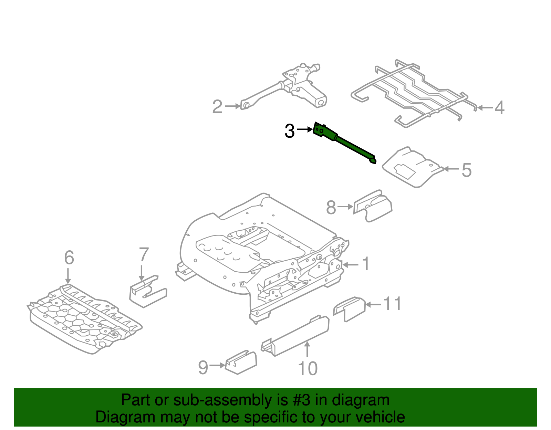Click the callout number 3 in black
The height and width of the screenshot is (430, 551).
[290, 131]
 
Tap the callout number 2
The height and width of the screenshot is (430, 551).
[217, 107]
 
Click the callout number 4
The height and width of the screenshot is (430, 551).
[499, 108]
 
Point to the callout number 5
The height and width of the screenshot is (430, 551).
[466, 170]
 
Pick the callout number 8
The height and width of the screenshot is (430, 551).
[331, 208]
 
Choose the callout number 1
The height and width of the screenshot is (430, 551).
[366, 264]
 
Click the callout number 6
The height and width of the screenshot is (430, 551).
[69, 258]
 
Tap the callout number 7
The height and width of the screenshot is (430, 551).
[144, 255]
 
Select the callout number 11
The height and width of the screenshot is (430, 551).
[392, 304]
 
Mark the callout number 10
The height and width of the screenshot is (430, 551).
[308, 369]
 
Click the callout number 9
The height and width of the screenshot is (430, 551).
[203, 367]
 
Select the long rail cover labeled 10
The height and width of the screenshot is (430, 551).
[296, 336]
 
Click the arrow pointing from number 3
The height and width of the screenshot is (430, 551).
[304, 129]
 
